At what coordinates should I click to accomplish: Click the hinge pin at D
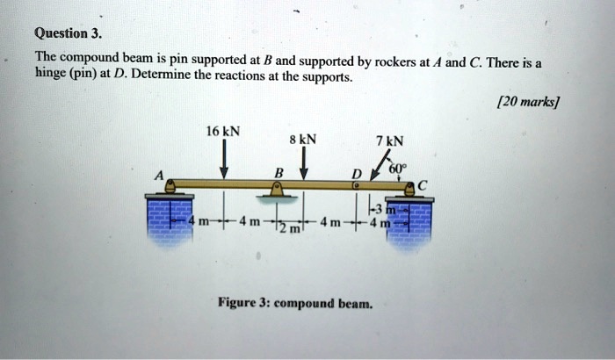click(354, 186)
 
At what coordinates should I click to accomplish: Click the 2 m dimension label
click(291, 227)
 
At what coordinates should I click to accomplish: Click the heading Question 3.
click(68, 35)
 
